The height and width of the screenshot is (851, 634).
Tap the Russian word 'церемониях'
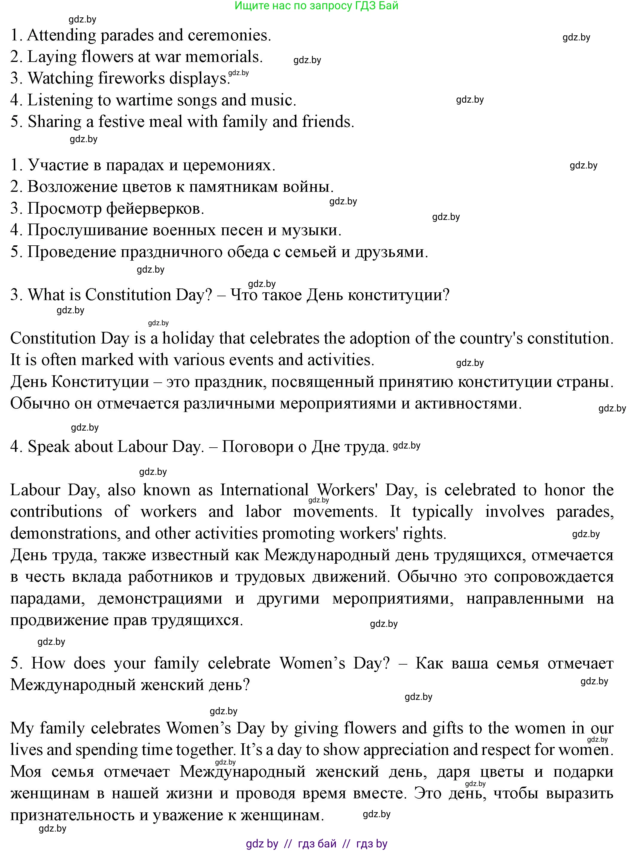click(x=226, y=165)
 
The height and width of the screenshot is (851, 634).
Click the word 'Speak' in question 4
click(x=49, y=447)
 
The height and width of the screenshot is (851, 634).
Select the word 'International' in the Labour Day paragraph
click(x=264, y=490)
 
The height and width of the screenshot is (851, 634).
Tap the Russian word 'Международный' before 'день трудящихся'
click(x=328, y=555)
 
